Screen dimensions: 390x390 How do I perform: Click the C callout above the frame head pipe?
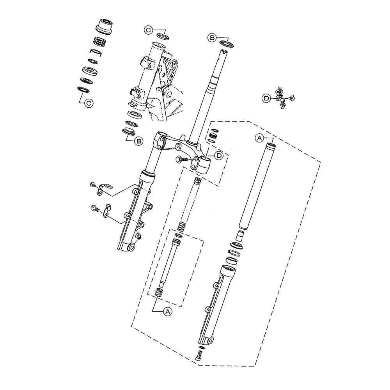[x=148, y=30]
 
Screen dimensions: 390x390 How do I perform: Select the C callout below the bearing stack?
[x=89, y=103]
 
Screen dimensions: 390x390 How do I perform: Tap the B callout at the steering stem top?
[x=212, y=37]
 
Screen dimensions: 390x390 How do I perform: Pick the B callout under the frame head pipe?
[x=138, y=141]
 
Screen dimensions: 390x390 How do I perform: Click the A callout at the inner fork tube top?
[x=259, y=137]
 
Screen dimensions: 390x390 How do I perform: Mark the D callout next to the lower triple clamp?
[x=219, y=155]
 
